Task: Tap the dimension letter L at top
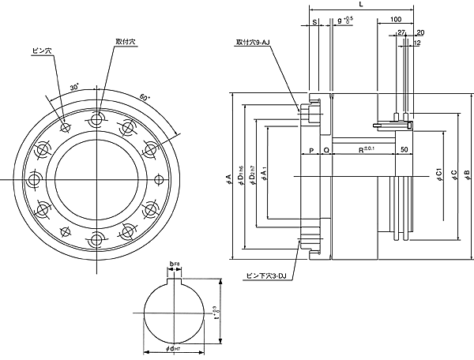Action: coord(361,5)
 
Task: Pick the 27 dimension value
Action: coord(401,33)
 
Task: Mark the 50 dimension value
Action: coord(404,149)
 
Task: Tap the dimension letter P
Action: coord(311,149)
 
